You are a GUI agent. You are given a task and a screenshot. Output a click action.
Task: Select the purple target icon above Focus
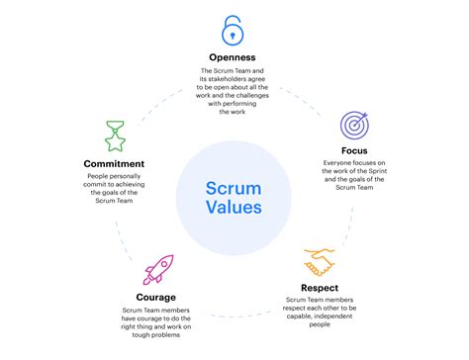(x=354, y=125)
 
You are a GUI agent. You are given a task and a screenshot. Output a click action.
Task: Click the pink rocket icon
(x=157, y=269)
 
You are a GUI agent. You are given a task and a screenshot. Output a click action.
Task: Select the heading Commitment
(x=116, y=163)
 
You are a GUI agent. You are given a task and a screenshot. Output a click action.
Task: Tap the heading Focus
(x=354, y=150)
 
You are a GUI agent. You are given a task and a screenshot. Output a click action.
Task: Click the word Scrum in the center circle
(x=234, y=188)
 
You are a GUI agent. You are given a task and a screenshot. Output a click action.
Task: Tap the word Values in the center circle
(x=234, y=208)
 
